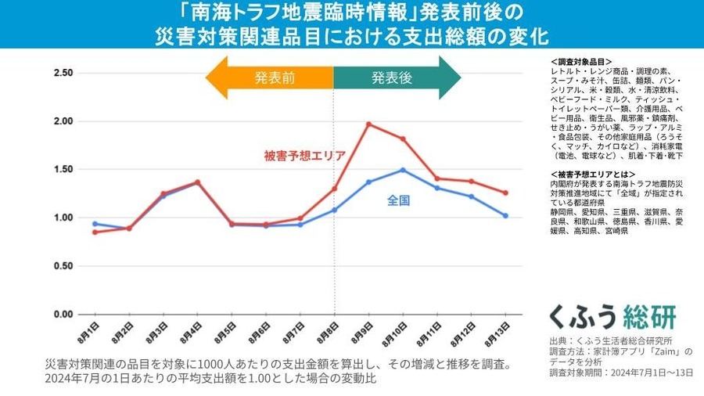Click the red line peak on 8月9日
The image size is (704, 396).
coord(368,124)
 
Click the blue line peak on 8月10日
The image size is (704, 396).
coord(403,170)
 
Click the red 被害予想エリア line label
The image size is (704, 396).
coord(304,155)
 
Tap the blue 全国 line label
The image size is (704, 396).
coord(399,201)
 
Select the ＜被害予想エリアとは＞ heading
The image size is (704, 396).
coord(593,174)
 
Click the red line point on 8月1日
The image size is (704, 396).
coord(95,232)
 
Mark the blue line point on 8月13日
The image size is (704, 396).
coord(505,216)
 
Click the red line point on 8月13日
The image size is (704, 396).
coord(505,193)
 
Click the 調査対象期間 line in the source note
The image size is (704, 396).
coord(621,373)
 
